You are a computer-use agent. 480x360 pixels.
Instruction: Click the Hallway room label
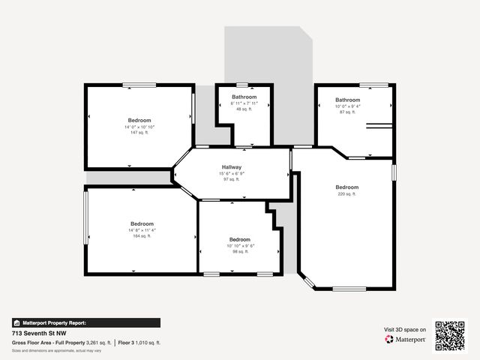(232, 166)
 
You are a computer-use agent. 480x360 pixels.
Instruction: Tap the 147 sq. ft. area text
(139, 133)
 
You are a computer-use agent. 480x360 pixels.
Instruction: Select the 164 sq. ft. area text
(142, 236)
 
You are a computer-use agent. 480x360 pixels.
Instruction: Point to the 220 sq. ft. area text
(347, 193)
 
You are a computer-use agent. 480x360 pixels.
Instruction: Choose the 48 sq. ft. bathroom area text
(244, 109)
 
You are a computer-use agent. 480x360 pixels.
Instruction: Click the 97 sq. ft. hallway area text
(232, 179)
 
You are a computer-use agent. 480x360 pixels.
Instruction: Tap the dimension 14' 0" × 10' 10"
(139, 127)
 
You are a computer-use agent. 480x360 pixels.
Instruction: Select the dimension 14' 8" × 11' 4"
(142, 230)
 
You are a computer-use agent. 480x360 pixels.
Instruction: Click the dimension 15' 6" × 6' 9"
(232, 173)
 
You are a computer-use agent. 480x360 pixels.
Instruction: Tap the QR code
(450, 336)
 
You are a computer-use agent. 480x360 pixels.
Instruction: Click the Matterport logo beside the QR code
(406, 339)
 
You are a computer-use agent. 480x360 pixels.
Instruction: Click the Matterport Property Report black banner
(85, 322)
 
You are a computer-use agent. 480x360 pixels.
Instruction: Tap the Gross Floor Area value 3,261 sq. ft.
(98, 342)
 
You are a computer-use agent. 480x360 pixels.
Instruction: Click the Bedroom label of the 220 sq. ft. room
(347, 187)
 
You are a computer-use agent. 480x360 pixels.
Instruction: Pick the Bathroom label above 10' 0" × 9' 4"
(347, 100)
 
